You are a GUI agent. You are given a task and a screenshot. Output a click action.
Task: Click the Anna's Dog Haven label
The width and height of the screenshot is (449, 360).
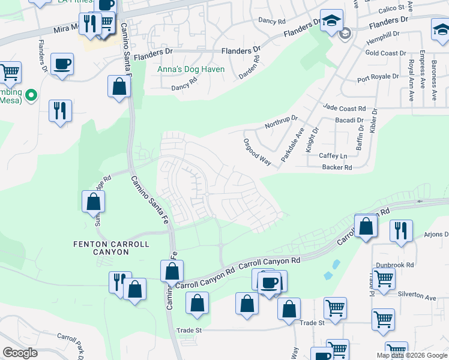[x=191, y=70]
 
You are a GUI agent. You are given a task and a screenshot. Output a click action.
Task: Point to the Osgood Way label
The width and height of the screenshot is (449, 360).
[x=258, y=152]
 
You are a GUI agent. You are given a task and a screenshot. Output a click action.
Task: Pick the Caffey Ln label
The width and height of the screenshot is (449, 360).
[x=333, y=155]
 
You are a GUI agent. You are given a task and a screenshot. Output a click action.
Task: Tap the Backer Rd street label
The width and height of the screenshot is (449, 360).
[x=336, y=167]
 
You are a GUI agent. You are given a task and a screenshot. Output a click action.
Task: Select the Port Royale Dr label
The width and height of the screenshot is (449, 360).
[x=378, y=77]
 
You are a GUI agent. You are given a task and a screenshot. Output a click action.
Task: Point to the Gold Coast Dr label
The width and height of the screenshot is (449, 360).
[x=385, y=53]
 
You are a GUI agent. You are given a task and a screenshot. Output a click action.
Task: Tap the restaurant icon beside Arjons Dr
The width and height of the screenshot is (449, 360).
[x=400, y=230]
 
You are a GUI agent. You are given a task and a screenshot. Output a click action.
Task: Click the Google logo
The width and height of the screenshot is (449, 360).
[x=20, y=353]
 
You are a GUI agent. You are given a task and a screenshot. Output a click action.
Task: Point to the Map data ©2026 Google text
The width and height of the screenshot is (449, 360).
[x=412, y=355]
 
